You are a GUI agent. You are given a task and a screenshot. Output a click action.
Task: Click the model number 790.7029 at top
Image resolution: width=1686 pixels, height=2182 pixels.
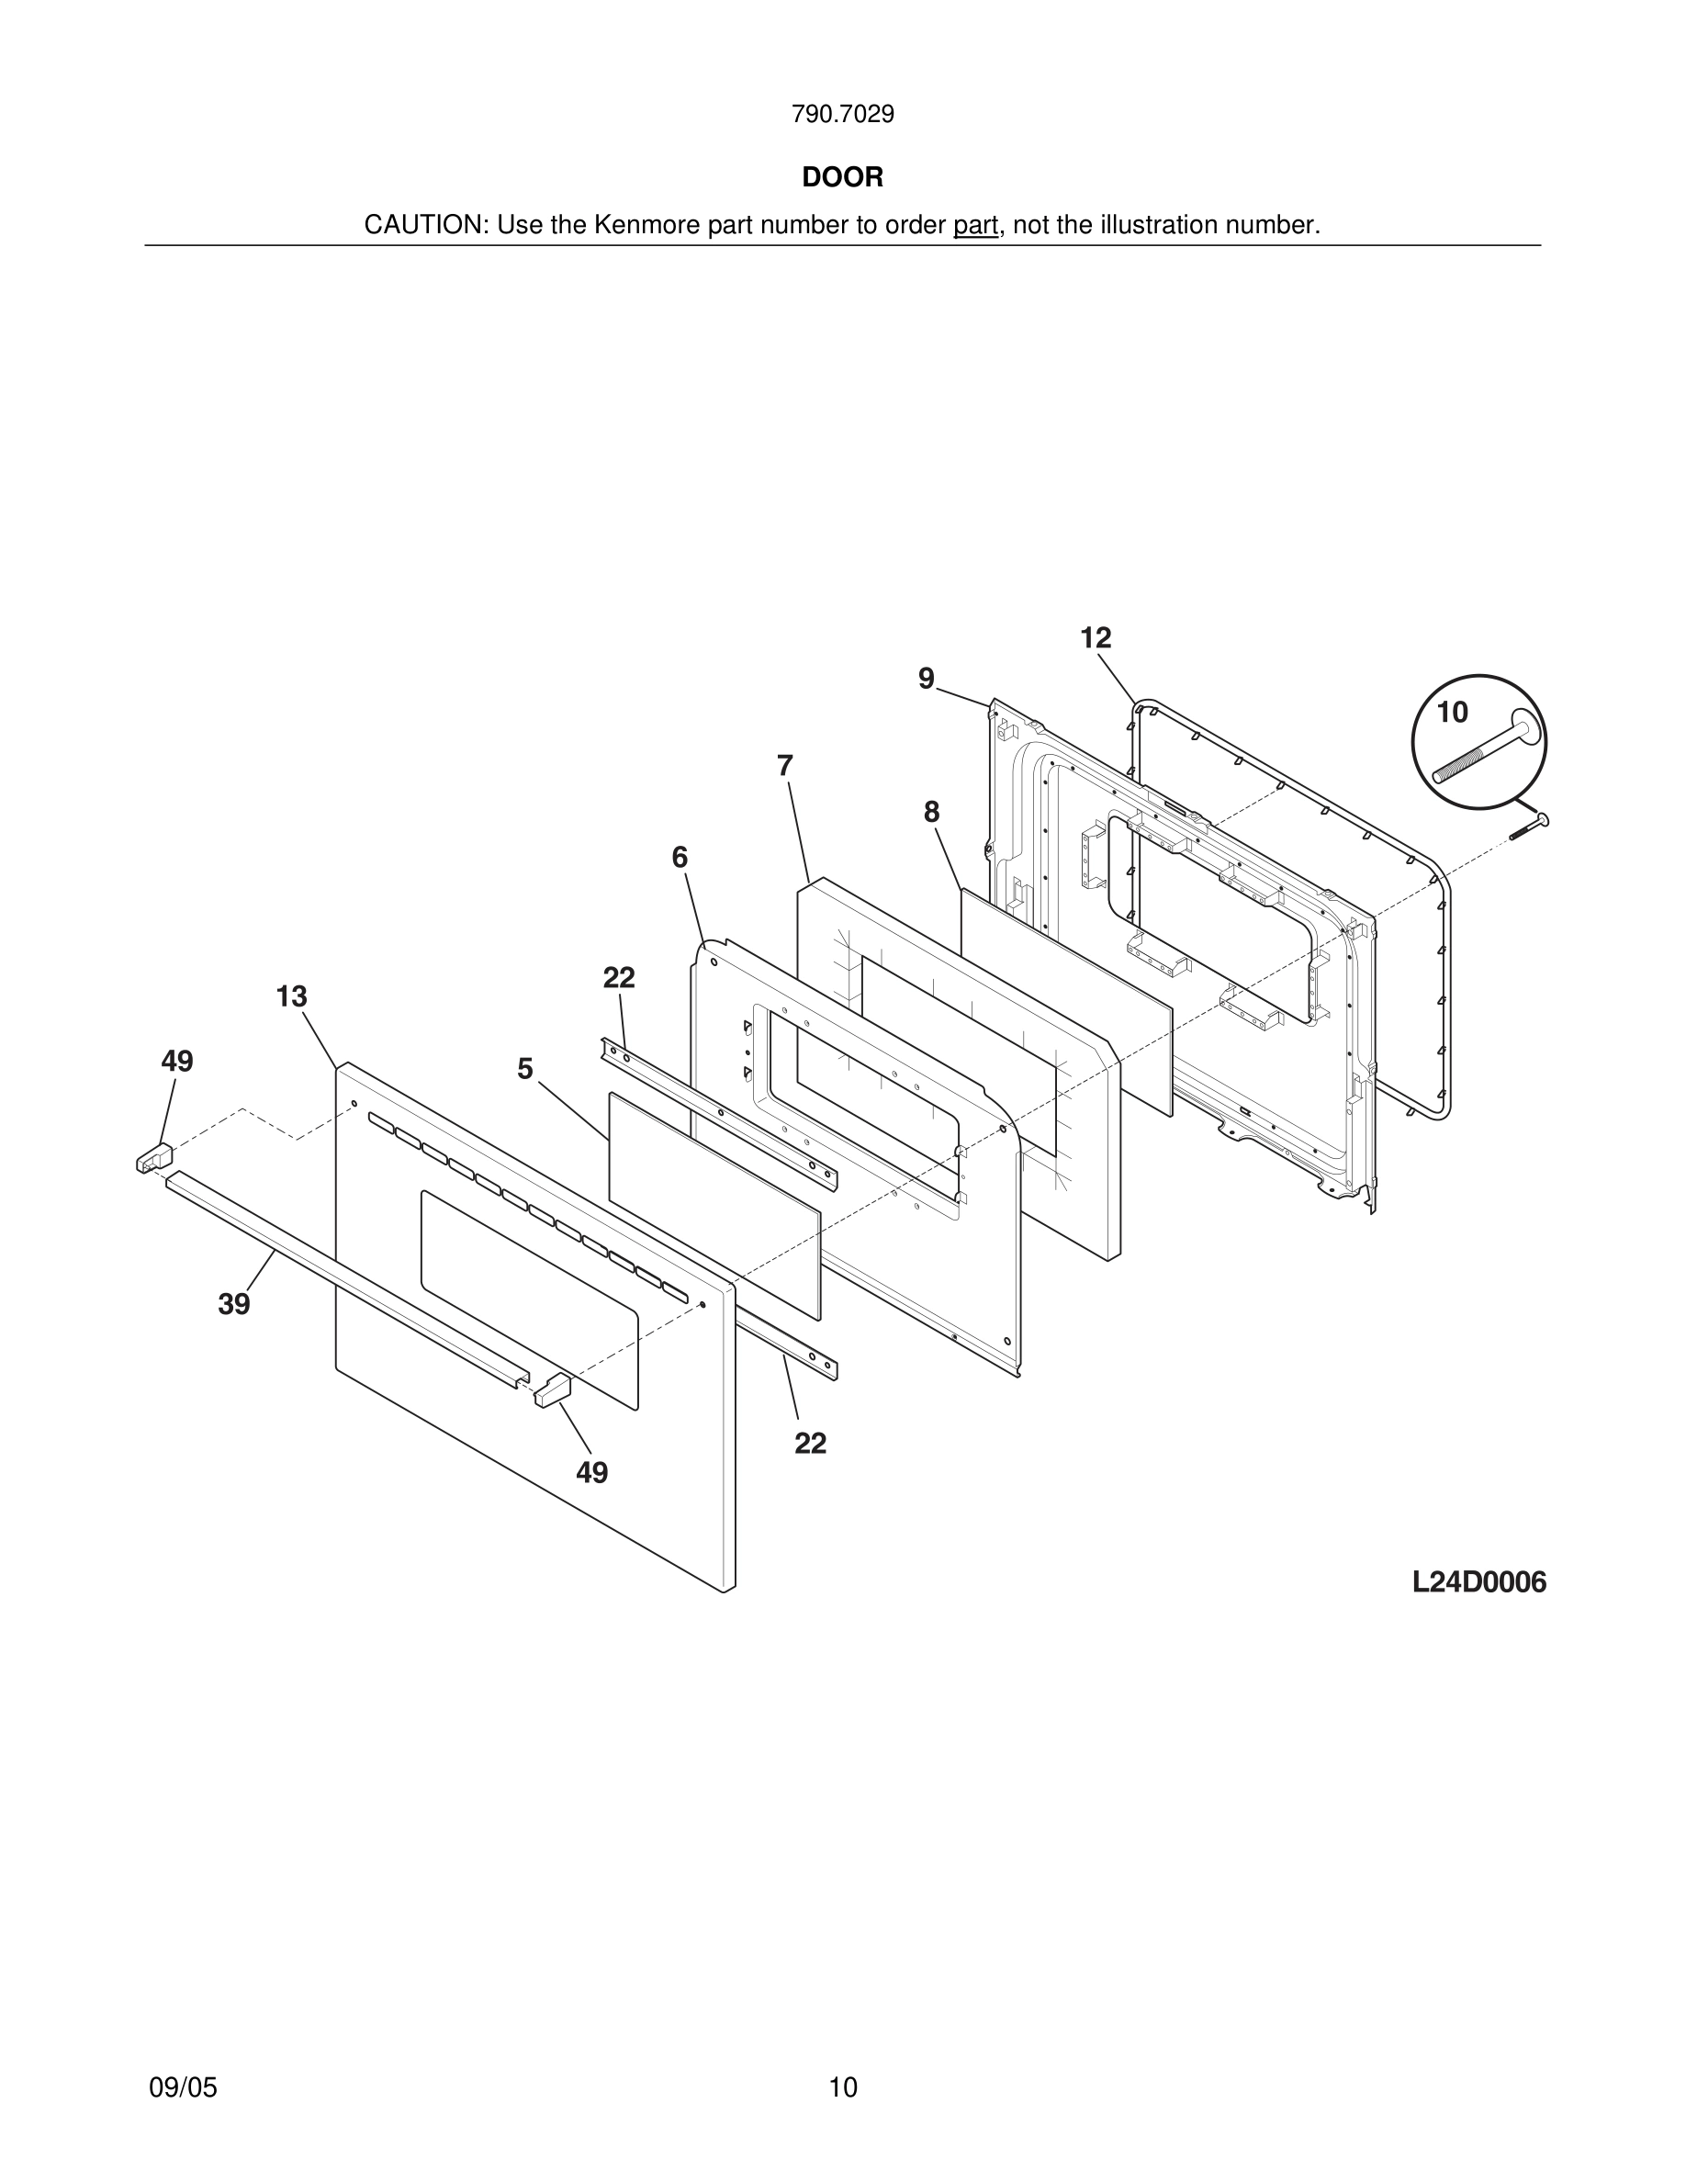pyautogui.click(x=842, y=115)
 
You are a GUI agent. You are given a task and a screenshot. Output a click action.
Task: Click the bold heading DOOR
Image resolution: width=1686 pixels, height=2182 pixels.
pyautogui.click(x=842, y=178)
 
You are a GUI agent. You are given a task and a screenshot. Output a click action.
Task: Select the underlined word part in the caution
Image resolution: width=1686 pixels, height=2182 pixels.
pyautogui.click(x=975, y=226)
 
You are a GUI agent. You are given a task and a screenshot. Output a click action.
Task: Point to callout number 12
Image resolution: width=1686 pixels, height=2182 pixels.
pyautogui.click(x=1095, y=637)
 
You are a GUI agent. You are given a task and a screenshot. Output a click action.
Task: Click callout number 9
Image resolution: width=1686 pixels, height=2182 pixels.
pyautogui.click(x=926, y=680)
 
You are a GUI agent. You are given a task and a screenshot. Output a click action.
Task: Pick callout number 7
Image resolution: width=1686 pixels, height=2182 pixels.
pyautogui.click(x=785, y=766)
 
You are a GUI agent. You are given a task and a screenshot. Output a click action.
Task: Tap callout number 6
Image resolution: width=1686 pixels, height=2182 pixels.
pyautogui.click(x=680, y=857)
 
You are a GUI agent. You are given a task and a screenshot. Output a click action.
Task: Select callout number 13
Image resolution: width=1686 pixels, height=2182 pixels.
pyautogui.click(x=292, y=996)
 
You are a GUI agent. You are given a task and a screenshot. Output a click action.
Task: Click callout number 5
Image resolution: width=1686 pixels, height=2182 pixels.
pyautogui.click(x=524, y=1069)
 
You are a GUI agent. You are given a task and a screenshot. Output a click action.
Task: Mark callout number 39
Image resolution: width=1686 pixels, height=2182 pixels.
pyautogui.click(x=234, y=1304)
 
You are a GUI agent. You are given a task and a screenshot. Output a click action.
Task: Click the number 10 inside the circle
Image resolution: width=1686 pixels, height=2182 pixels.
pyautogui.click(x=1451, y=713)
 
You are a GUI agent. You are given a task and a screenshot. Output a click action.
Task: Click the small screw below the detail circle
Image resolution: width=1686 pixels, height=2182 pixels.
pyautogui.click(x=1529, y=827)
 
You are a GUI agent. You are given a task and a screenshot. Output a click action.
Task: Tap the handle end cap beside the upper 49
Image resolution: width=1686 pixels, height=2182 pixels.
pyautogui.click(x=154, y=1158)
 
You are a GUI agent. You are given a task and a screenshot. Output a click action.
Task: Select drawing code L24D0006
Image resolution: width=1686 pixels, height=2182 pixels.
pyautogui.click(x=1478, y=1582)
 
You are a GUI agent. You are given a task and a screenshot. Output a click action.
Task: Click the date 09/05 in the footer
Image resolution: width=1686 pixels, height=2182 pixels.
pyautogui.click(x=183, y=2087)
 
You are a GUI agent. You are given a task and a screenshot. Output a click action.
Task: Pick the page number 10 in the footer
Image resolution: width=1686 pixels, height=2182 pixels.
pyautogui.click(x=842, y=2087)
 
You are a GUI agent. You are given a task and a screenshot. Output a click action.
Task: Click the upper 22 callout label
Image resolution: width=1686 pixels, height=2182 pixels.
pyautogui.click(x=618, y=977)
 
